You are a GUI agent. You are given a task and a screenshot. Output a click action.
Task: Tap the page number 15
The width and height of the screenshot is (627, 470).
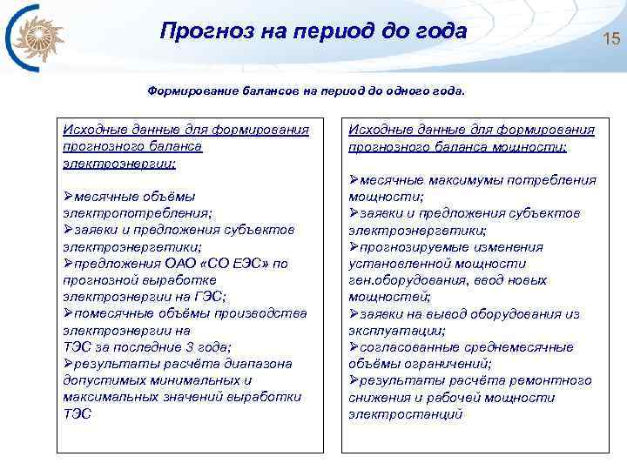[610, 37]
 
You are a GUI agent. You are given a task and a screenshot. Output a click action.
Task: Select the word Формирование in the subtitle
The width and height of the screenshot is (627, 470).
[186, 91]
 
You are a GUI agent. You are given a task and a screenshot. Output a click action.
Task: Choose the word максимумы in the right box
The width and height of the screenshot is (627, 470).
[464, 180]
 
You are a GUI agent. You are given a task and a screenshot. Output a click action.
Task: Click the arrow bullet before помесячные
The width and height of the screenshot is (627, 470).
[69, 313]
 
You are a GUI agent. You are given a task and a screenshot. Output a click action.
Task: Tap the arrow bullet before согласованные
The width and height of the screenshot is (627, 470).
[354, 347]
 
